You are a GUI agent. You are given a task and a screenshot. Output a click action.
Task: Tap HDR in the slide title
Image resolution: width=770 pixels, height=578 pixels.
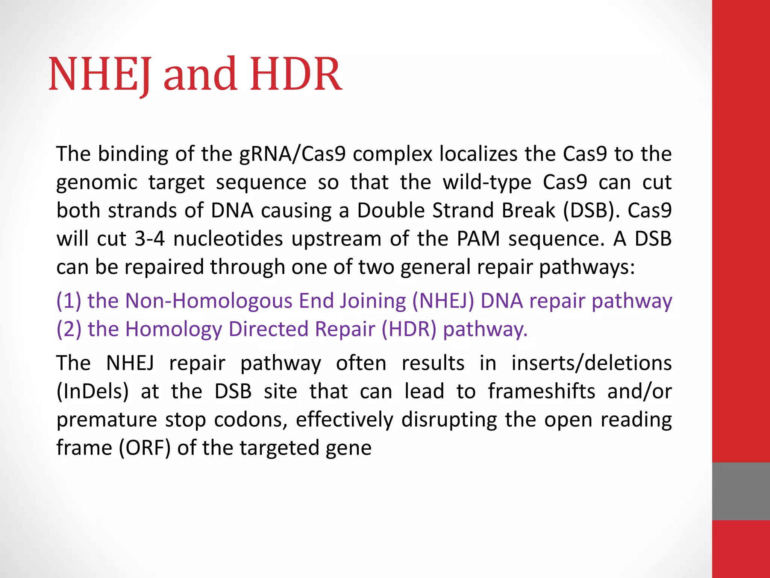(x=296, y=74)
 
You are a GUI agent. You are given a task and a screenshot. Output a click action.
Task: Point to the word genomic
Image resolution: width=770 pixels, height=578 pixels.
(x=97, y=183)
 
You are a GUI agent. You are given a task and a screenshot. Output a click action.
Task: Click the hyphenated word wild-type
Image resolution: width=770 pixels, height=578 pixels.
(x=487, y=183)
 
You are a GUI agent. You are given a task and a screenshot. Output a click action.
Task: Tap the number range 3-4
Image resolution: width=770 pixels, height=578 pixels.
(x=150, y=239)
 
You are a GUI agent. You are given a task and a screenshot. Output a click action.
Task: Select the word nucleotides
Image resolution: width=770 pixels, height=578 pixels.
(x=228, y=239)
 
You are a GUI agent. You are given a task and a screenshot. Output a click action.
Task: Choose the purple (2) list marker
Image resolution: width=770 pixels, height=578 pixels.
(x=69, y=329)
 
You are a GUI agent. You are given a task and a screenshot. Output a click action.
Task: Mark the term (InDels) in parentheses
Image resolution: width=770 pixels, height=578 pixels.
(x=92, y=391)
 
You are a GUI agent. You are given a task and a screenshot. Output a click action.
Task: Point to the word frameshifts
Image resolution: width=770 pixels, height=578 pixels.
(x=542, y=391)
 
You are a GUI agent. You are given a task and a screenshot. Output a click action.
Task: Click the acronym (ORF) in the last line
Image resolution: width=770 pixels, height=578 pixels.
(x=145, y=448)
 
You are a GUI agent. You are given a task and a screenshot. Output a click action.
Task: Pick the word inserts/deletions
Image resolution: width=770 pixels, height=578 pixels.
(x=591, y=363)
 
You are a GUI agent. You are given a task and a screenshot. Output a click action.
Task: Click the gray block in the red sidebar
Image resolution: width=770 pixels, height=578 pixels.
(x=741, y=491)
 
